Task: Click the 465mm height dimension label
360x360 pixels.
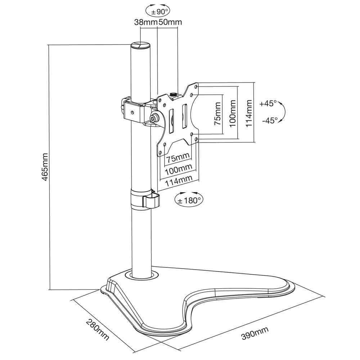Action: coord(45,167)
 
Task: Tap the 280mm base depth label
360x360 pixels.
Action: coord(98,330)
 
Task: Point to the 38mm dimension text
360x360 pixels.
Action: coord(145,22)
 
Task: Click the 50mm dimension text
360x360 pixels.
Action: coord(170,22)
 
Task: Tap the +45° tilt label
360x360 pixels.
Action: coord(268,104)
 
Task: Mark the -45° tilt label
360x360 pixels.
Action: coord(270,120)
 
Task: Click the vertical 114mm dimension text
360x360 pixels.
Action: coord(249,113)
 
